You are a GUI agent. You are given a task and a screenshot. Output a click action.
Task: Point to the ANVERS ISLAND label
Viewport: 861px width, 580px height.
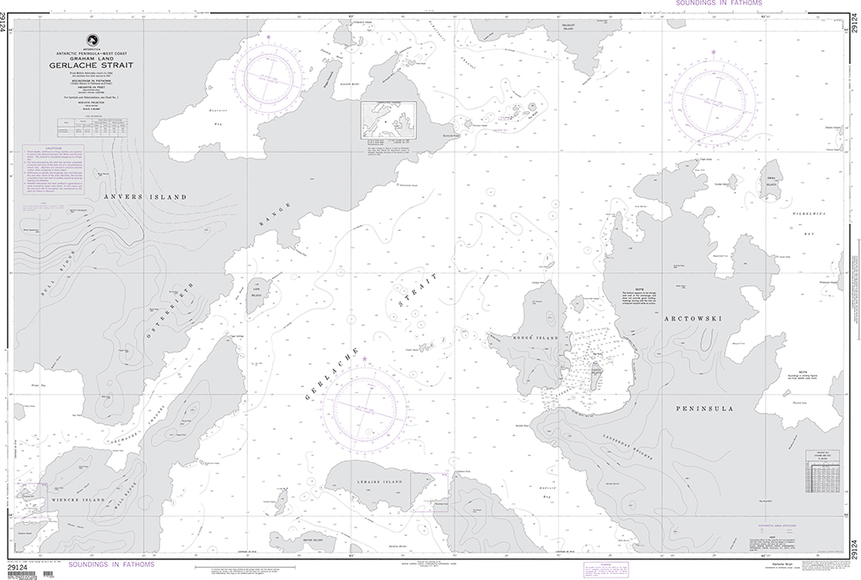(144, 197)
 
